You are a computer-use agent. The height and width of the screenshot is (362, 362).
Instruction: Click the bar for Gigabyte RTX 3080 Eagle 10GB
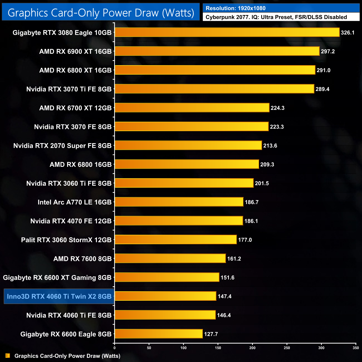point(227,33)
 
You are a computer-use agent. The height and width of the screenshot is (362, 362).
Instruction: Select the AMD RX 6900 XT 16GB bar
point(217,51)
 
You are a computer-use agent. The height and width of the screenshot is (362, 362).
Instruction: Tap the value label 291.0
point(323,70)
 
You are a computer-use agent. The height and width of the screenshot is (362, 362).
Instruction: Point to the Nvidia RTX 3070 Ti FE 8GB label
point(69,89)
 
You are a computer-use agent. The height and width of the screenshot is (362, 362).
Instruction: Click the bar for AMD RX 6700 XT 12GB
point(192,108)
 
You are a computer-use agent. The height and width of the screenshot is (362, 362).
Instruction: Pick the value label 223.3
point(277,127)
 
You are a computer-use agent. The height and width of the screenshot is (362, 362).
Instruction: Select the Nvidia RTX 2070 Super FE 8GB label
point(62,146)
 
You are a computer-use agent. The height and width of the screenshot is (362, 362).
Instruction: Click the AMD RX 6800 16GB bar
point(187,164)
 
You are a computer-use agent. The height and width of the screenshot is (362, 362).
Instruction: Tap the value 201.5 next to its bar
point(262,183)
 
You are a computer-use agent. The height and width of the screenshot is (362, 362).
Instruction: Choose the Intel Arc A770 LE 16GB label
point(74,202)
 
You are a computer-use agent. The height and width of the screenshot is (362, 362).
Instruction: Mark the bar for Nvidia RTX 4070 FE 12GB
point(179,221)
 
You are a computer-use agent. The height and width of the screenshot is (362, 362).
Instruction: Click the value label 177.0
point(245,240)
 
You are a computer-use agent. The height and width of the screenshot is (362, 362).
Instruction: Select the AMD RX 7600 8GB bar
point(170,258)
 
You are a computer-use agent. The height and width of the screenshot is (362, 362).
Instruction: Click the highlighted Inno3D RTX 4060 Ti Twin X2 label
point(59,296)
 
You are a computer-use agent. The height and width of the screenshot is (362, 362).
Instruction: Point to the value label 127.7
point(211,334)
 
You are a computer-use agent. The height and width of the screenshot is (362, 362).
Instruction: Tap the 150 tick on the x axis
point(218,348)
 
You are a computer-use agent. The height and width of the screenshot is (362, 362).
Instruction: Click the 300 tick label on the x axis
point(321,348)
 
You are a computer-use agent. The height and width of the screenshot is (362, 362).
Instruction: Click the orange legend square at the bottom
point(8,356)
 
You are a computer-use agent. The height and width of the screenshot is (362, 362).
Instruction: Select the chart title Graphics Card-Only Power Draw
point(101,13)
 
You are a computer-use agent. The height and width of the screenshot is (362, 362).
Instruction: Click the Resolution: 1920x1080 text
point(236,8)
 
